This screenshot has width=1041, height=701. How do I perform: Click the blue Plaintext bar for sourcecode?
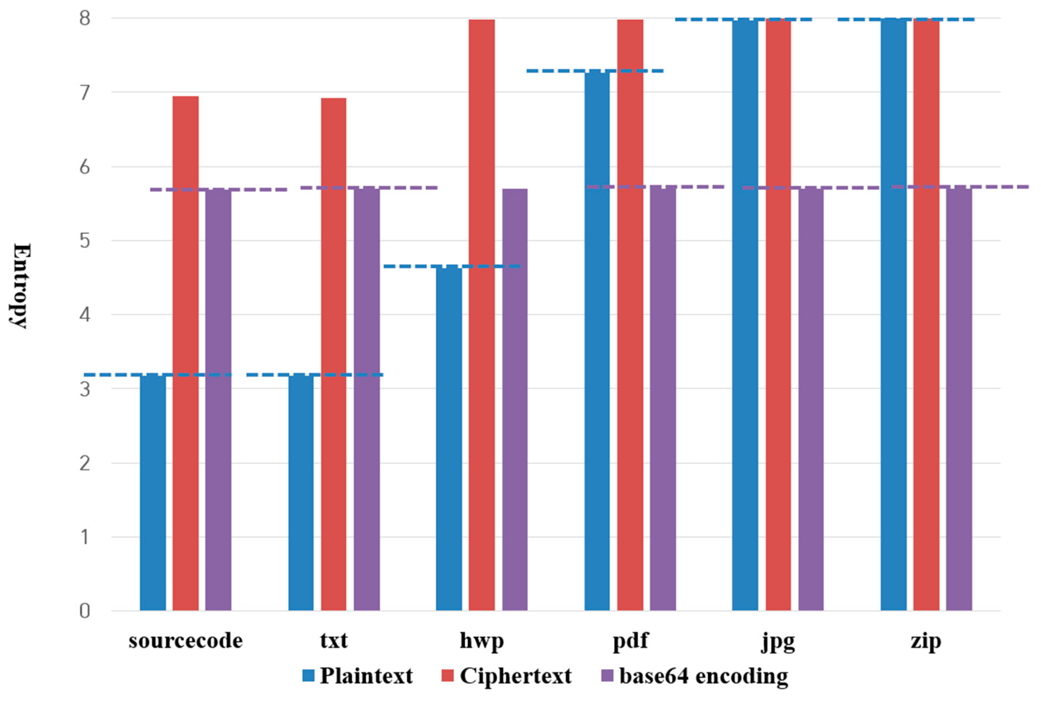153,492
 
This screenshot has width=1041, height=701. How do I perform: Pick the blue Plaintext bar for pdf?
597,340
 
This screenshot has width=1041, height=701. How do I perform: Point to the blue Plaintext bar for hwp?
449,438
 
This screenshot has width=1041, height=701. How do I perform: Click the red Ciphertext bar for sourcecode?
186,353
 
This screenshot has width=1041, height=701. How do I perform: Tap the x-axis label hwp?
482,641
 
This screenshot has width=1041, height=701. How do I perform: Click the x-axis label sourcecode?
186,641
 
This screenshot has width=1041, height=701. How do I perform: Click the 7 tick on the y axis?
84,93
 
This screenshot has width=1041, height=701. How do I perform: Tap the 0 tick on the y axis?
84,611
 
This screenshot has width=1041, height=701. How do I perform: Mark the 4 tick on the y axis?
84,315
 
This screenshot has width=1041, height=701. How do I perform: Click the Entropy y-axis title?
20,286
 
